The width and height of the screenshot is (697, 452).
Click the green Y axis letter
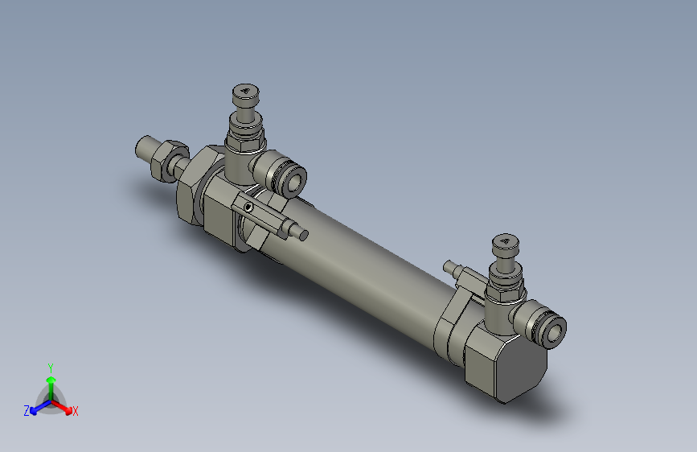[50, 366]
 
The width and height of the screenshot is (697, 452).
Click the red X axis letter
[76, 412]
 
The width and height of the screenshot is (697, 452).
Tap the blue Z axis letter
[26, 411]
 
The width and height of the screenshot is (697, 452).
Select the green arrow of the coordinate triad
[51, 382]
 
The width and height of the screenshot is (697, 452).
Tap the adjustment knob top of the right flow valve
[506, 243]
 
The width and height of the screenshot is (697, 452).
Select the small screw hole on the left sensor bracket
[248, 208]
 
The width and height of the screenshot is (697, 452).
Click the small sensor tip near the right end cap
[449, 265]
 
